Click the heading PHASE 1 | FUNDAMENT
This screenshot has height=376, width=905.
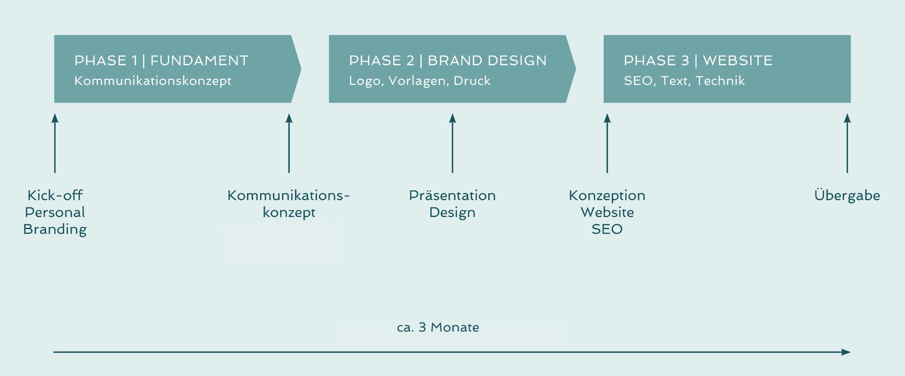(162, 61)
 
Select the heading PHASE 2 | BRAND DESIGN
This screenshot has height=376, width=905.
(448, 61)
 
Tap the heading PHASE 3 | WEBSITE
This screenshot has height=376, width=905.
(698, 61)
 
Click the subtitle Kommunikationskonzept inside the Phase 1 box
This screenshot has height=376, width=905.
(153, 81)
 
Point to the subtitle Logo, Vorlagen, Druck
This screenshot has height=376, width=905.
(420, 81)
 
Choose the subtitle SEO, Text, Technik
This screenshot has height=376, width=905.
(684, 81)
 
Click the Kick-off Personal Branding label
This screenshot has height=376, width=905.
(55, 212)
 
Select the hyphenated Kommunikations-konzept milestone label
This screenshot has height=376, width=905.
(289, 204)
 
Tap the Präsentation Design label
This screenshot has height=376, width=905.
(452, 204)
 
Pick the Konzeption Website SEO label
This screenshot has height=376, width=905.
(607, 212)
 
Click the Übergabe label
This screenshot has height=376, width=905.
(847, 195)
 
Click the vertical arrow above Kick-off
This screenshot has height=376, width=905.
(55, 143)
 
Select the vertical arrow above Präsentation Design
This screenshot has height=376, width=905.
(452, 143)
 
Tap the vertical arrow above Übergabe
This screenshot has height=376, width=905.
(848, 143)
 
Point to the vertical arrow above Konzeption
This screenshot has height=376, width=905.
(607, 143)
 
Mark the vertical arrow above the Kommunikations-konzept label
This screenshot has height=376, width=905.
(289, 143)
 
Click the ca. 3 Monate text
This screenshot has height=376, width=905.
(438, 327)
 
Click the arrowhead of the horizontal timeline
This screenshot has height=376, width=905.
(846, 352)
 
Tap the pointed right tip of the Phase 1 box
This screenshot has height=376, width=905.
(301, 69)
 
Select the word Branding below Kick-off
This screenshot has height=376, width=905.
(55, 229)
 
